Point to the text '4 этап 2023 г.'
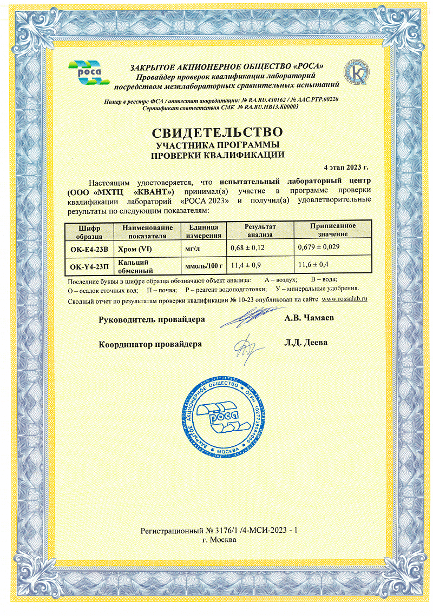pos(346,166)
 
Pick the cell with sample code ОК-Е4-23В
pos(89,250)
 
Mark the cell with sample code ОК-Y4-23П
pos(89,266)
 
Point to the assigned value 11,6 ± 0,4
pos(314,265)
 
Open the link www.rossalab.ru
pos(345,299)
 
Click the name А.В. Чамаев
pos(309,318)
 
